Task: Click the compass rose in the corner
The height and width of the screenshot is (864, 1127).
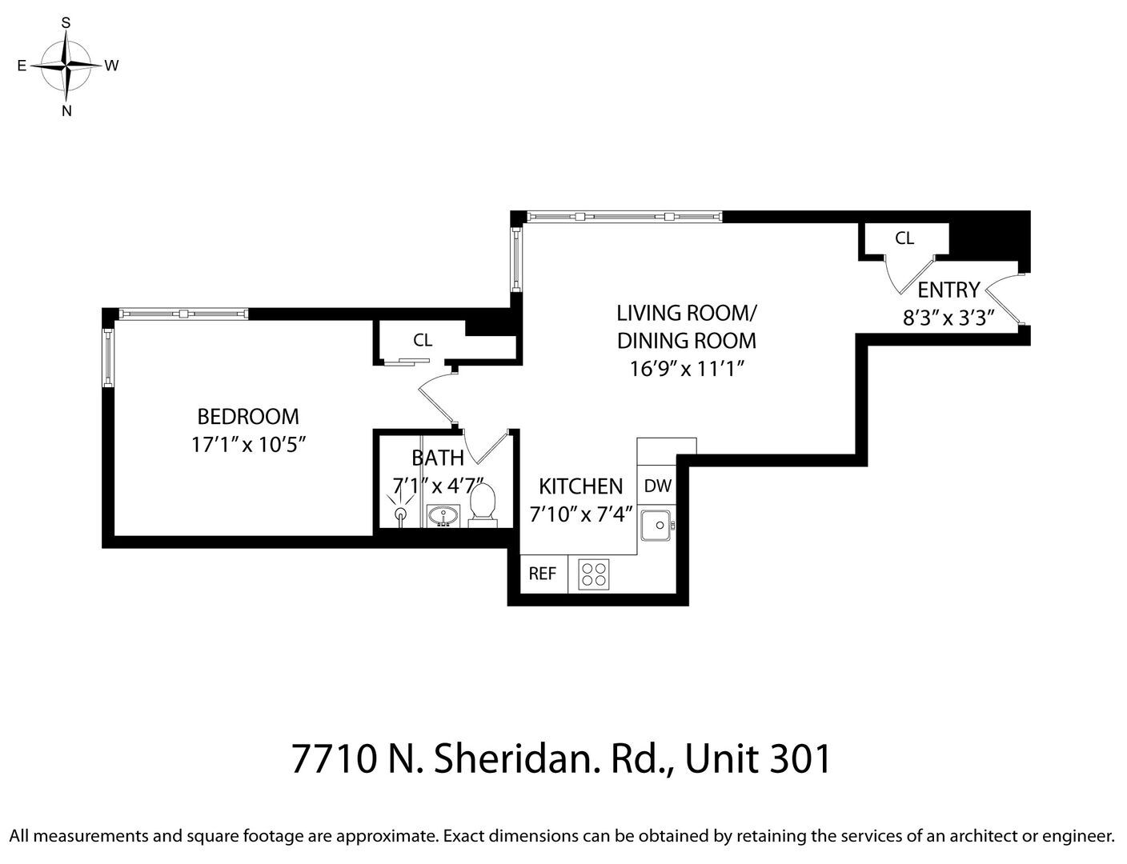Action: pyautogui.click(x=67, y=66)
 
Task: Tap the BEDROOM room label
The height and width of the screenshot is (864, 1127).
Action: pyautogui.click(x=248, y=417)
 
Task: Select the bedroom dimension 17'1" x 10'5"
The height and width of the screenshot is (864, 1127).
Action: pyautogui.click(x=249, y=445)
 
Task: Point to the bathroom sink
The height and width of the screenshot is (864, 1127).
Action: pyautogui.click(x=442, y=515)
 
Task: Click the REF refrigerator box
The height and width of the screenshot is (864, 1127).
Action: pyautogui.click(x=543, y=574)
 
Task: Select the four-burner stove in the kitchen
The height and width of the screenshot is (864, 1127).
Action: pyautogui.click(x=594, y=574)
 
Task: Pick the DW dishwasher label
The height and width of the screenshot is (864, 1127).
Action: pyautogui.click(x=657, y=486)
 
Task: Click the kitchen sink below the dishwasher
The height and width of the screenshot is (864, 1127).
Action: pyautogui.click(x=658, y=525)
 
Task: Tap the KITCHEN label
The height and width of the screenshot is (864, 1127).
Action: pyautogui.click(x=580, y=486)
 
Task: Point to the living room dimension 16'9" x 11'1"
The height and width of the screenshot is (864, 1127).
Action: pyautogui.click(x=687, y=369)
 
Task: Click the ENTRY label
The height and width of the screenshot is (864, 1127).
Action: pyautogui.click(x=949, y=290)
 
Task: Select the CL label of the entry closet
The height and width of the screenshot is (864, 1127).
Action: pyautogui.click(x=904, y=238)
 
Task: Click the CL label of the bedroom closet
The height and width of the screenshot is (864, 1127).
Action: pyautogui.click(x=423, y=341)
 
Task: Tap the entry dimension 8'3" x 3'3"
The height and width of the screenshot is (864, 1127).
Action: pyautogui.click(x=949, y=318)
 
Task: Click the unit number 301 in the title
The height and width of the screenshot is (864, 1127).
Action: pyautogui.click(x=800, y=758)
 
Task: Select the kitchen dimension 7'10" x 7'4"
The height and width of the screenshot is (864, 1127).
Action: pyautogui.click(x=581, y=514)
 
